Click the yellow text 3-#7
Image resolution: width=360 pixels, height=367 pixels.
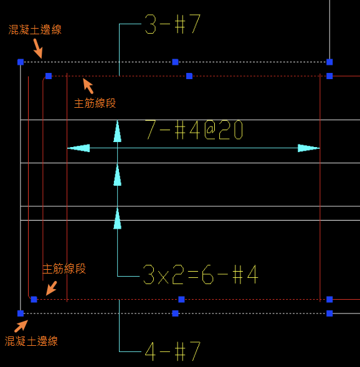pos(173,24)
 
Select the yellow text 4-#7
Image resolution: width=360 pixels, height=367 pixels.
pos(173,351)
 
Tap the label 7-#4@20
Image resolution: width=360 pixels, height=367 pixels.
pos(194,130)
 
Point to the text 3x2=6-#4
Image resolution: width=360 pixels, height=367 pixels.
pos(201,274)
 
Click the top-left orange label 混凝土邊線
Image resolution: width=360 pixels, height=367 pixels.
pos(35,30)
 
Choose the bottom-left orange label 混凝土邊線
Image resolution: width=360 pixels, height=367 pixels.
pos(31,341)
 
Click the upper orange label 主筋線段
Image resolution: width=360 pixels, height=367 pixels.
pos(95,103)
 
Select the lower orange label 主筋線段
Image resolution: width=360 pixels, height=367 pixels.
pos(64,269)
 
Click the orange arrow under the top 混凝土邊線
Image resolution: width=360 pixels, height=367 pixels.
pos(38,49)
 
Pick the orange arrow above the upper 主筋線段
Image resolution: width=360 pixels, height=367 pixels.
pos(88,86)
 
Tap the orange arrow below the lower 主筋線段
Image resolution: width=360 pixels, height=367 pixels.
pos(52,288)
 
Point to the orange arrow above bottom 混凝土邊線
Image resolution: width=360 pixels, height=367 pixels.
pos(21,326)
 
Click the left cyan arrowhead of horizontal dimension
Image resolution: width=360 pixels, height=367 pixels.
pos(78,148)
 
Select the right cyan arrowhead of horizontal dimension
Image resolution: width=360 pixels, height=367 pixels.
pos(309,148)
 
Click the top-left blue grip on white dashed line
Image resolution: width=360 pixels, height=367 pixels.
pos(21,62)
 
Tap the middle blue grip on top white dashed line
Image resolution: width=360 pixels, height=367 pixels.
pos(175,62)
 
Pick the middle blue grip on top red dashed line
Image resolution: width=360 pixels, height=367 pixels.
pos(189,76)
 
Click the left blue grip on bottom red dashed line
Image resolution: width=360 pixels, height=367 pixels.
pos(34,299)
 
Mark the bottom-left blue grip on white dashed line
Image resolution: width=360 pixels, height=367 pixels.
pos(21,313)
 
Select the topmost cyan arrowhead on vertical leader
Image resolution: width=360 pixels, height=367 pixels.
pos(118,131)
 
